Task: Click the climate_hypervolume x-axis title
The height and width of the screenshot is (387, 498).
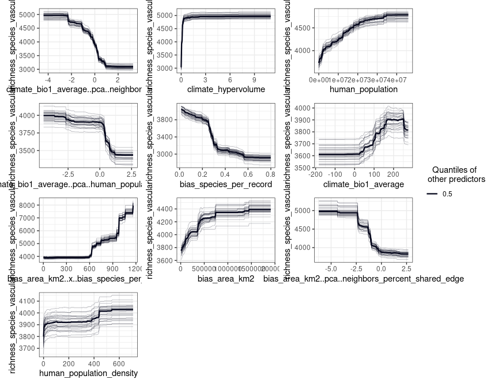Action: pos(226,89)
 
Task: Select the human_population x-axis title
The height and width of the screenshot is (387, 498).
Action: pos(363,89)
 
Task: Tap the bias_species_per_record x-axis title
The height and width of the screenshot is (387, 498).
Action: pos(226,184)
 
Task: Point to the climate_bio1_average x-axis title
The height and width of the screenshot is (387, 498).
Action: pos(363,184)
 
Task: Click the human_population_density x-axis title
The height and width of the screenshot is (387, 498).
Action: pos(88,374)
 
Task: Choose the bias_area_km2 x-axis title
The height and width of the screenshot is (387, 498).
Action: pos(226,279)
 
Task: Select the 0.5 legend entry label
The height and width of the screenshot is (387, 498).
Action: pos(447,195)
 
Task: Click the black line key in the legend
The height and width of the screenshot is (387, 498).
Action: pos(432,195)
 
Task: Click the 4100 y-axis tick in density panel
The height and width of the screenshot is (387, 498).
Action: pos(29,301)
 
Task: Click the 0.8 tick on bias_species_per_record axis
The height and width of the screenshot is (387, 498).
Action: pos(270,174)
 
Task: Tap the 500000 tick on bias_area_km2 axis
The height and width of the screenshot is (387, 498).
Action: pos(203,269)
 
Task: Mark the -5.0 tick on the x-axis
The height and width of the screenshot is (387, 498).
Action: pos(331,269)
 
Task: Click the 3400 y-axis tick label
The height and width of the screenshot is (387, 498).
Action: pos(166,137)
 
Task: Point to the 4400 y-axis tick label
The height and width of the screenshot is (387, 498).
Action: pos(166,208)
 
